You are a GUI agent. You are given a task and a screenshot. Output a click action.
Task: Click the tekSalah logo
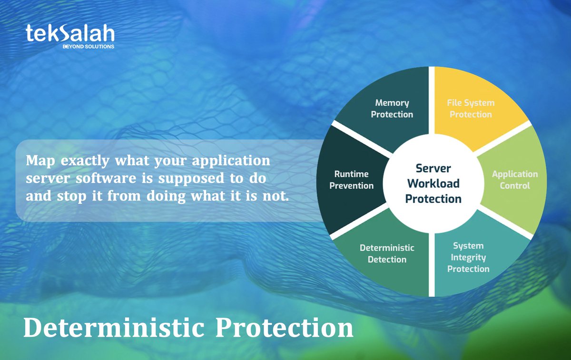point(70,35)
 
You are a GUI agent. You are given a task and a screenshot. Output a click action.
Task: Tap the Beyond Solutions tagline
point(88,47)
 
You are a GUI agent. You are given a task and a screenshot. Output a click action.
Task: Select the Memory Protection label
point(392,109)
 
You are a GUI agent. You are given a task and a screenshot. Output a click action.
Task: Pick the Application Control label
point(515,180)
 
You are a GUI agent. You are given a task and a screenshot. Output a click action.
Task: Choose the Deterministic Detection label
point(387,253)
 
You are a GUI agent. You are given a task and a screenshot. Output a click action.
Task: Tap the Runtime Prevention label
point(351,180)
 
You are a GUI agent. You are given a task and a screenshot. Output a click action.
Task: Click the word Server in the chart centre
point(433,168)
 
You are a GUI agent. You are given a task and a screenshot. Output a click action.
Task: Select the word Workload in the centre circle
point(433,183)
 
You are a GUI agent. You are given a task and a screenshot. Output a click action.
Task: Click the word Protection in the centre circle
point(433,199)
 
